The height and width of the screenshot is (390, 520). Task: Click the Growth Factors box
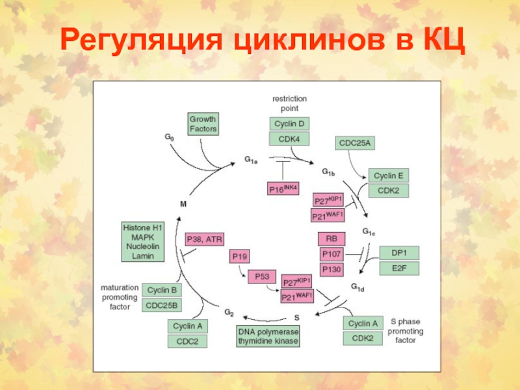click(x=203, y=123)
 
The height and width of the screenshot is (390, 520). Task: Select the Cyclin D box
click(x=289, y=123)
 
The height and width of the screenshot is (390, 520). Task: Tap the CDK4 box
click(x=289, y=139)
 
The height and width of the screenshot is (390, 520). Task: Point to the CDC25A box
click(x=355, y=143)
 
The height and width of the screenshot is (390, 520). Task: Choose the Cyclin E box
click(x=388, y=175)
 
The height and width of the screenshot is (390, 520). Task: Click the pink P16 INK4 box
click(x=283, y=188)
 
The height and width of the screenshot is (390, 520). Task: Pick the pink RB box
click(x=331, y=239)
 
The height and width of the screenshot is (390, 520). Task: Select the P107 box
click(x=331, y=254)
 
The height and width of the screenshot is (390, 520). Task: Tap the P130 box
click(x=331, y=269)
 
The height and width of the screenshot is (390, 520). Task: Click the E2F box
click(x=399, y=268)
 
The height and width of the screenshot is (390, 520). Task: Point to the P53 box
click(x=262, y=277)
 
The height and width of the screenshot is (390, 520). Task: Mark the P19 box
click(x=239, y=256)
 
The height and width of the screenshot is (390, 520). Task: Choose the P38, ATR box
click(x=204, y=239)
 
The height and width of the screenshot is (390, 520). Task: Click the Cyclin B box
click(x=162, y=290)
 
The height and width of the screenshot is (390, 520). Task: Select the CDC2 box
click(x=187, y=341)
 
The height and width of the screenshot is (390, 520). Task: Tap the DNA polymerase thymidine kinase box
click(x=268, y=336)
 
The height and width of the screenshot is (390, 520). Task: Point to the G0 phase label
click(x=169, y=137)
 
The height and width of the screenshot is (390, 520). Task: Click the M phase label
click(x=183, y=204)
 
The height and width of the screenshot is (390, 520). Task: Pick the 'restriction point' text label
click(x=289, y=103)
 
